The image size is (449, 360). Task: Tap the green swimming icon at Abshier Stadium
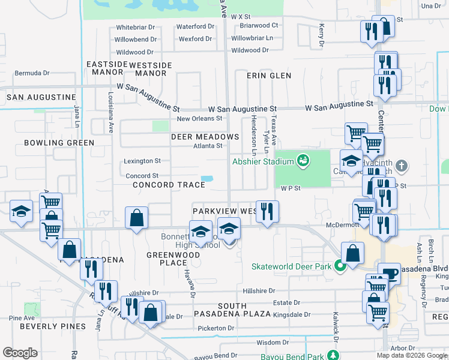click(x=303, y=160)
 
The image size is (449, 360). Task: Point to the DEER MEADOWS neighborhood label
click(x=205, y=137)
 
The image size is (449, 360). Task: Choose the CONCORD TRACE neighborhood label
click(x=169, y=185)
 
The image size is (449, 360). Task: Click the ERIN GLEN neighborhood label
click(x=269, y=76)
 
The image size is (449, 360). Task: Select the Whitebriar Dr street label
click(x=136, y=28)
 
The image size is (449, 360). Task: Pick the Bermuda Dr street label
click(x=32, y=73)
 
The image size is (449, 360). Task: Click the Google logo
click(x=20, y=353)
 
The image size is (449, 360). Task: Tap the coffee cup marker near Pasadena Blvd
click(x=389, y=274)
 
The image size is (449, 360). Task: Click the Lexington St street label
click(x=142, y=161)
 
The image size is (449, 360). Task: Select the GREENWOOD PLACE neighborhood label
click(x=166, y=259)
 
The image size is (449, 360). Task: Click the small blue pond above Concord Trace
click(x=207, y=179)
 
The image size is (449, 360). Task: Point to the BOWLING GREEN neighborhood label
click(x=59, y=143)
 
